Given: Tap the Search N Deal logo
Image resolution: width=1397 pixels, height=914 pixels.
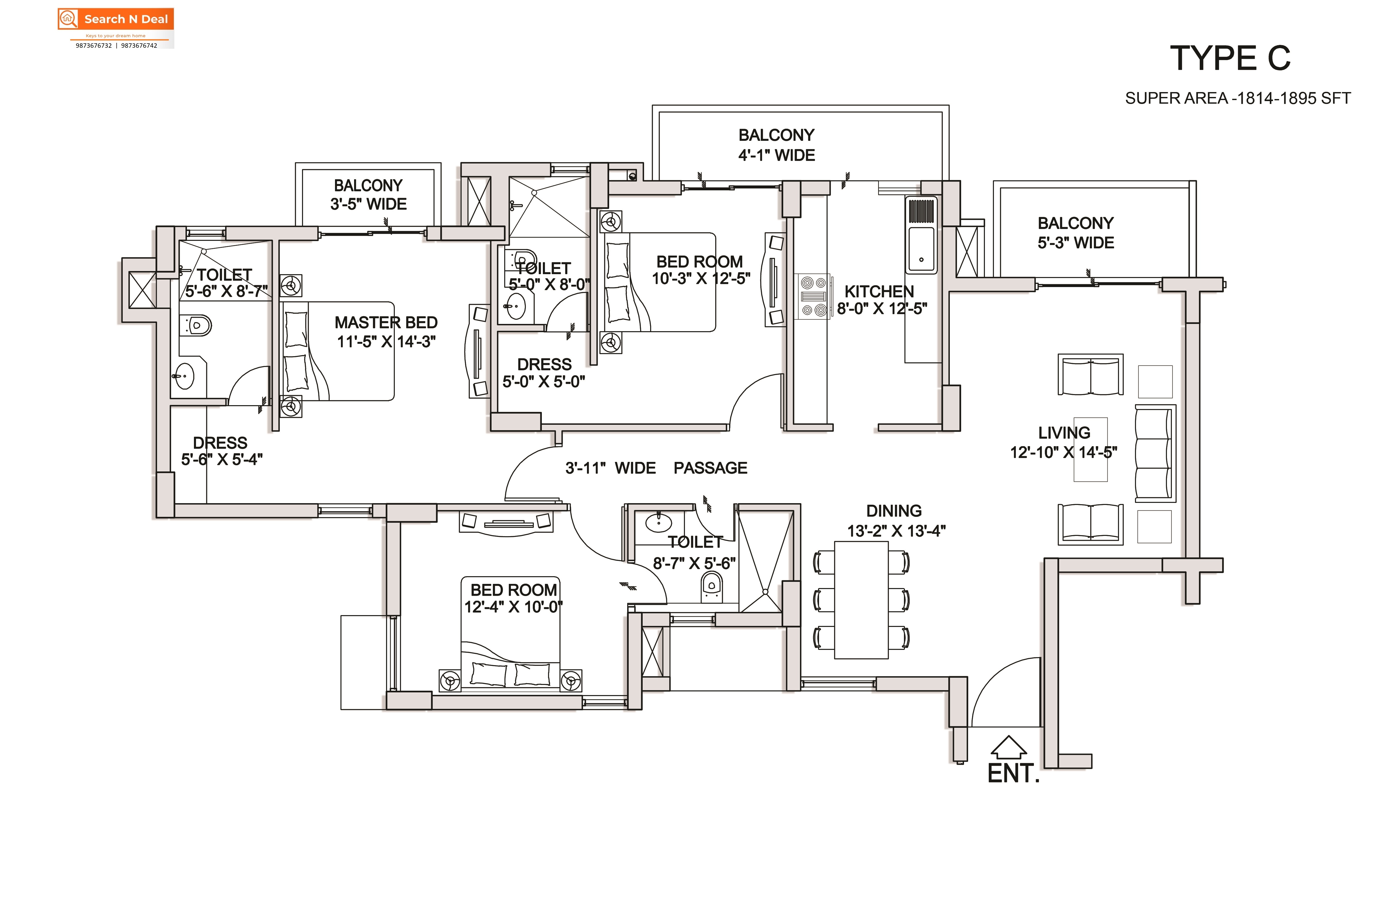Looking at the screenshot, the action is (x=116, y=28).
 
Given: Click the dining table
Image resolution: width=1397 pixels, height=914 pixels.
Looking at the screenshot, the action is (x=861, y=599).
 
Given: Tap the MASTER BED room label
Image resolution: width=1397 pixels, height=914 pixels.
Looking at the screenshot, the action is (x=386, y=322).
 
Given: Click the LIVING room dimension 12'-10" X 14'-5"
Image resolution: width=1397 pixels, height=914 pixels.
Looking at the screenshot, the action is (x=1064, y=452).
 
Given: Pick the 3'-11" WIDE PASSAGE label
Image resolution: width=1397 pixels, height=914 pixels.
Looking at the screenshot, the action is (x=656, y=468).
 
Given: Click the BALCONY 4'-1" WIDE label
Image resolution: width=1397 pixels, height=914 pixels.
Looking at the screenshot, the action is (x=777, y=145).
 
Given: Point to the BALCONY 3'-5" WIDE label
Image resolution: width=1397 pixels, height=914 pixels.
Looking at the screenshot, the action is (x=368, y=194).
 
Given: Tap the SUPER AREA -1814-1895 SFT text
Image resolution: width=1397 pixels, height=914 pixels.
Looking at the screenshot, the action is (x=1238, y=98).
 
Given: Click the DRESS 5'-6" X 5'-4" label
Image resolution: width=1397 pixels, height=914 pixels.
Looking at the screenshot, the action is (x=221, y=451).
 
